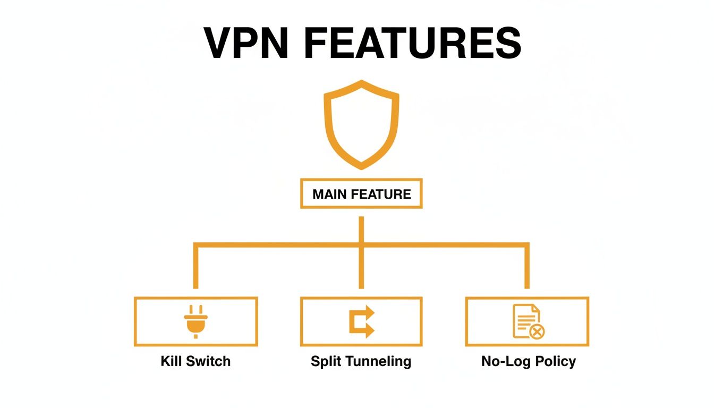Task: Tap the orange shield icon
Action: tap(361, 124)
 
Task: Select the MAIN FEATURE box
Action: tap(361, 194)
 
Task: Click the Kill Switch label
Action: tap(195, 362)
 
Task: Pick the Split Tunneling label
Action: tap(361, 362)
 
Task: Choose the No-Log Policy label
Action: tap(528, 362)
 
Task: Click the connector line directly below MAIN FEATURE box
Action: tap(361, 226)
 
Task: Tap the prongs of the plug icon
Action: tap(195, 310)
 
